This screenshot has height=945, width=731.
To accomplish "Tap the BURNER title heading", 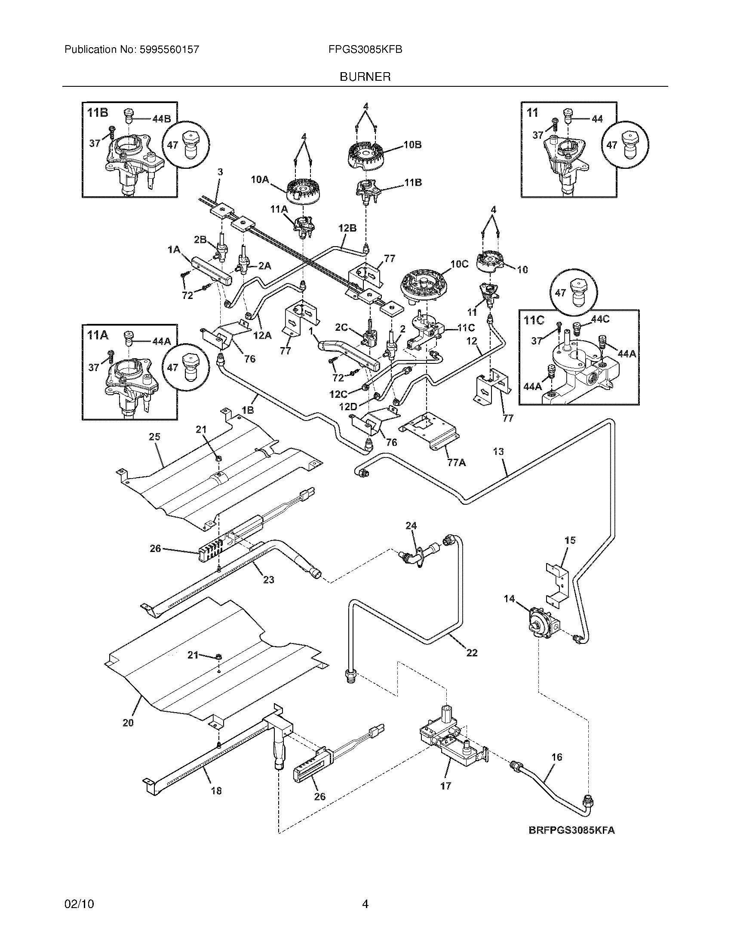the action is (365, 77).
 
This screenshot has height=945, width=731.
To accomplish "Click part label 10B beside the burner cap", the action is (412, 145).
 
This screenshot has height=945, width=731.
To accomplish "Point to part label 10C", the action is (459, 264).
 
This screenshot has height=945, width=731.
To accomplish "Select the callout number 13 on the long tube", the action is (498, 452).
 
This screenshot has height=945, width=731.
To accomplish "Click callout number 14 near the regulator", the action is (509, 599).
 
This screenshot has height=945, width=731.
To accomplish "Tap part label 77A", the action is (456, 463).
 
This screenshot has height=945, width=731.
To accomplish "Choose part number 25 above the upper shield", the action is (155, 437).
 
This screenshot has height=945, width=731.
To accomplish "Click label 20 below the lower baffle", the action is (128, 722).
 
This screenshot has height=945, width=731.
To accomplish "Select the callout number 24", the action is (411, 526).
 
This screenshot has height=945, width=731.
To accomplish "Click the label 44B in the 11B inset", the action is (162, 119).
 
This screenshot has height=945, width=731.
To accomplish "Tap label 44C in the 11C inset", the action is (600, 319).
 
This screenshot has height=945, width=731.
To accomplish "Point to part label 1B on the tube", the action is (248, 410).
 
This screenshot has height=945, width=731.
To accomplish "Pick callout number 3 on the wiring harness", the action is (220, 172).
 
